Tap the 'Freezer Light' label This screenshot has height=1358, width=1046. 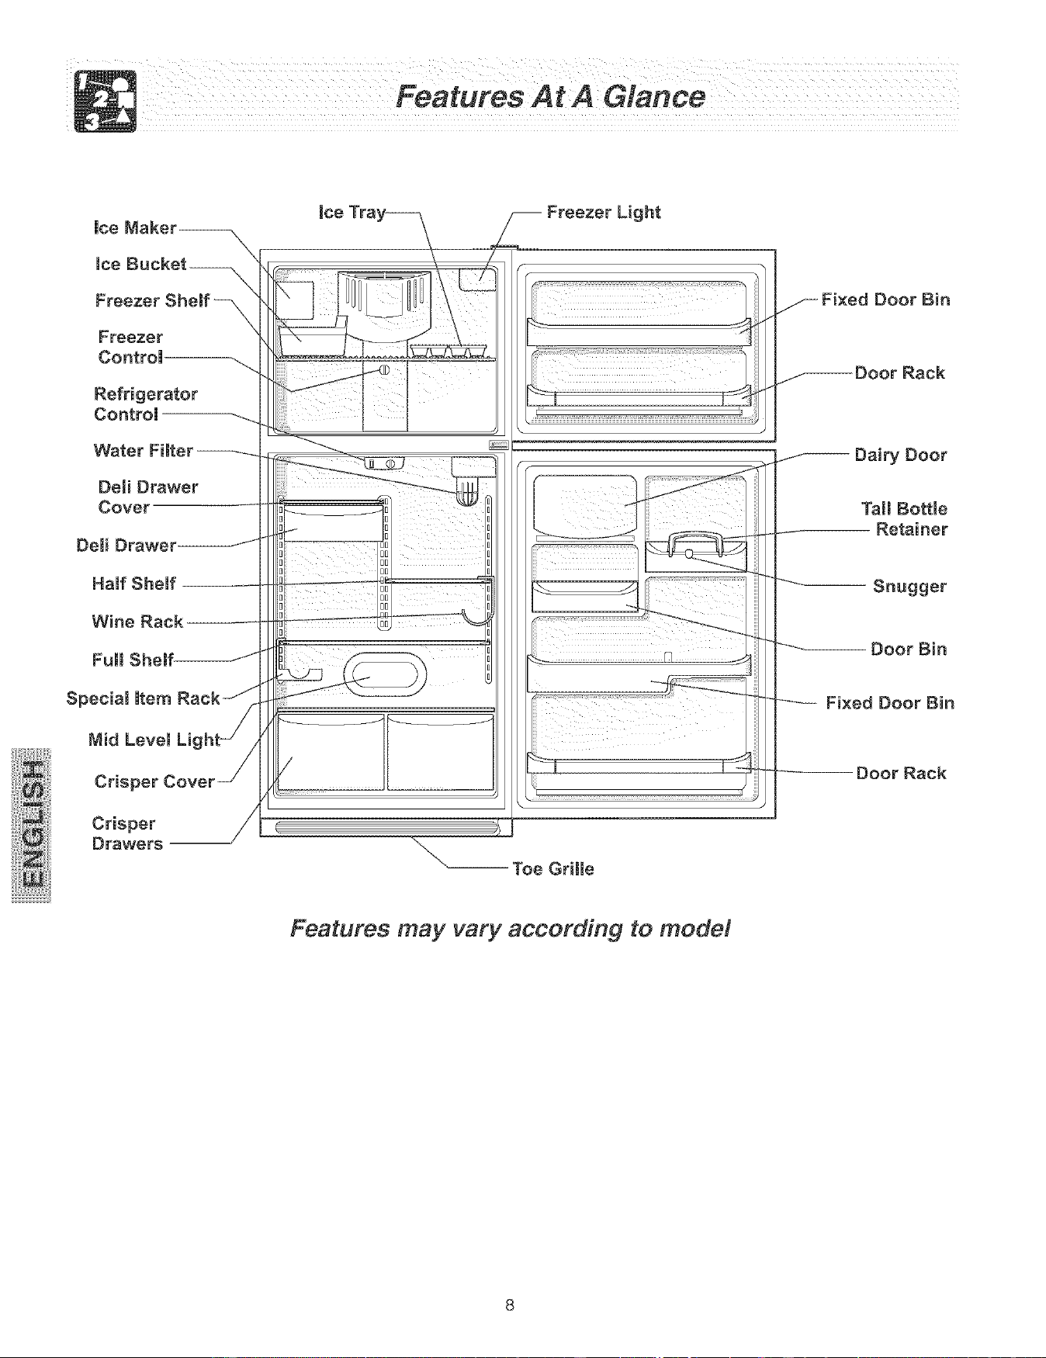pos(604,213)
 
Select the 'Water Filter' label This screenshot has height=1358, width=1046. pos(144,451)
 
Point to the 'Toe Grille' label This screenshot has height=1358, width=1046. pos(553,869)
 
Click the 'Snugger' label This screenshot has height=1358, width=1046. pos(909,587)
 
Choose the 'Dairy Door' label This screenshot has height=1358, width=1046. pos(900,456)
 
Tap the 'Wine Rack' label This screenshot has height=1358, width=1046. pos(137,622)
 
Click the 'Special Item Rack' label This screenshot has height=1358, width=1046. pos(144,698)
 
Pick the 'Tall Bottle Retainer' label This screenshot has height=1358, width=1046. pos(905,519)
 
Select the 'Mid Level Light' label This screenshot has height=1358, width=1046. pos(155,740)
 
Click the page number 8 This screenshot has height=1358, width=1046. pos(509,1304)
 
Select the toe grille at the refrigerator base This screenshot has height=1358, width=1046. pos(386,828)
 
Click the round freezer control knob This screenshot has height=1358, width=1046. pos(383,369)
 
